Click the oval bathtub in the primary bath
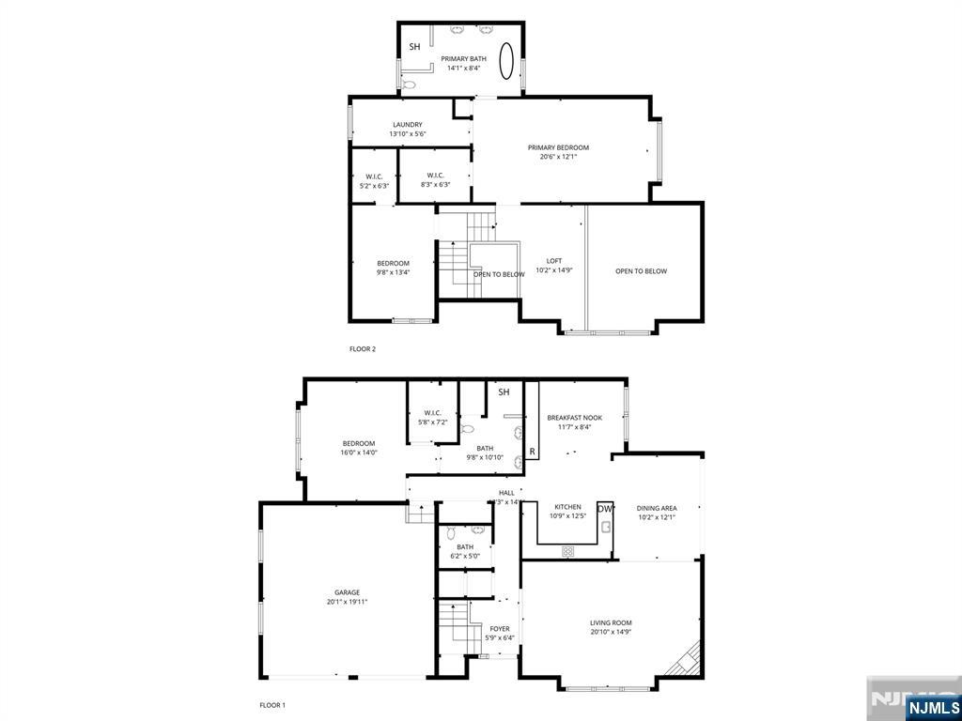point(506,62)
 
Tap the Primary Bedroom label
point(558,147)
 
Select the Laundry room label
point(407,124)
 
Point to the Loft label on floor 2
point(554,260)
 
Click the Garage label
point(347,592)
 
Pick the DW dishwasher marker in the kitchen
point(605,509)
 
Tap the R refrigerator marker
point(532,452)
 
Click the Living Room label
point(611,622)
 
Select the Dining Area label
point(657,508)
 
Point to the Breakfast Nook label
point(574,418)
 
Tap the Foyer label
point(500,628)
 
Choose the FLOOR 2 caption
point(362,349)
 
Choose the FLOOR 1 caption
point(272,704)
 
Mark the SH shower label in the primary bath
point(414,46)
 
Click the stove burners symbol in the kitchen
point(567,551)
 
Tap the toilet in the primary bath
point(408,84)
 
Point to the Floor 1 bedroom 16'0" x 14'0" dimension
point(358,453)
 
